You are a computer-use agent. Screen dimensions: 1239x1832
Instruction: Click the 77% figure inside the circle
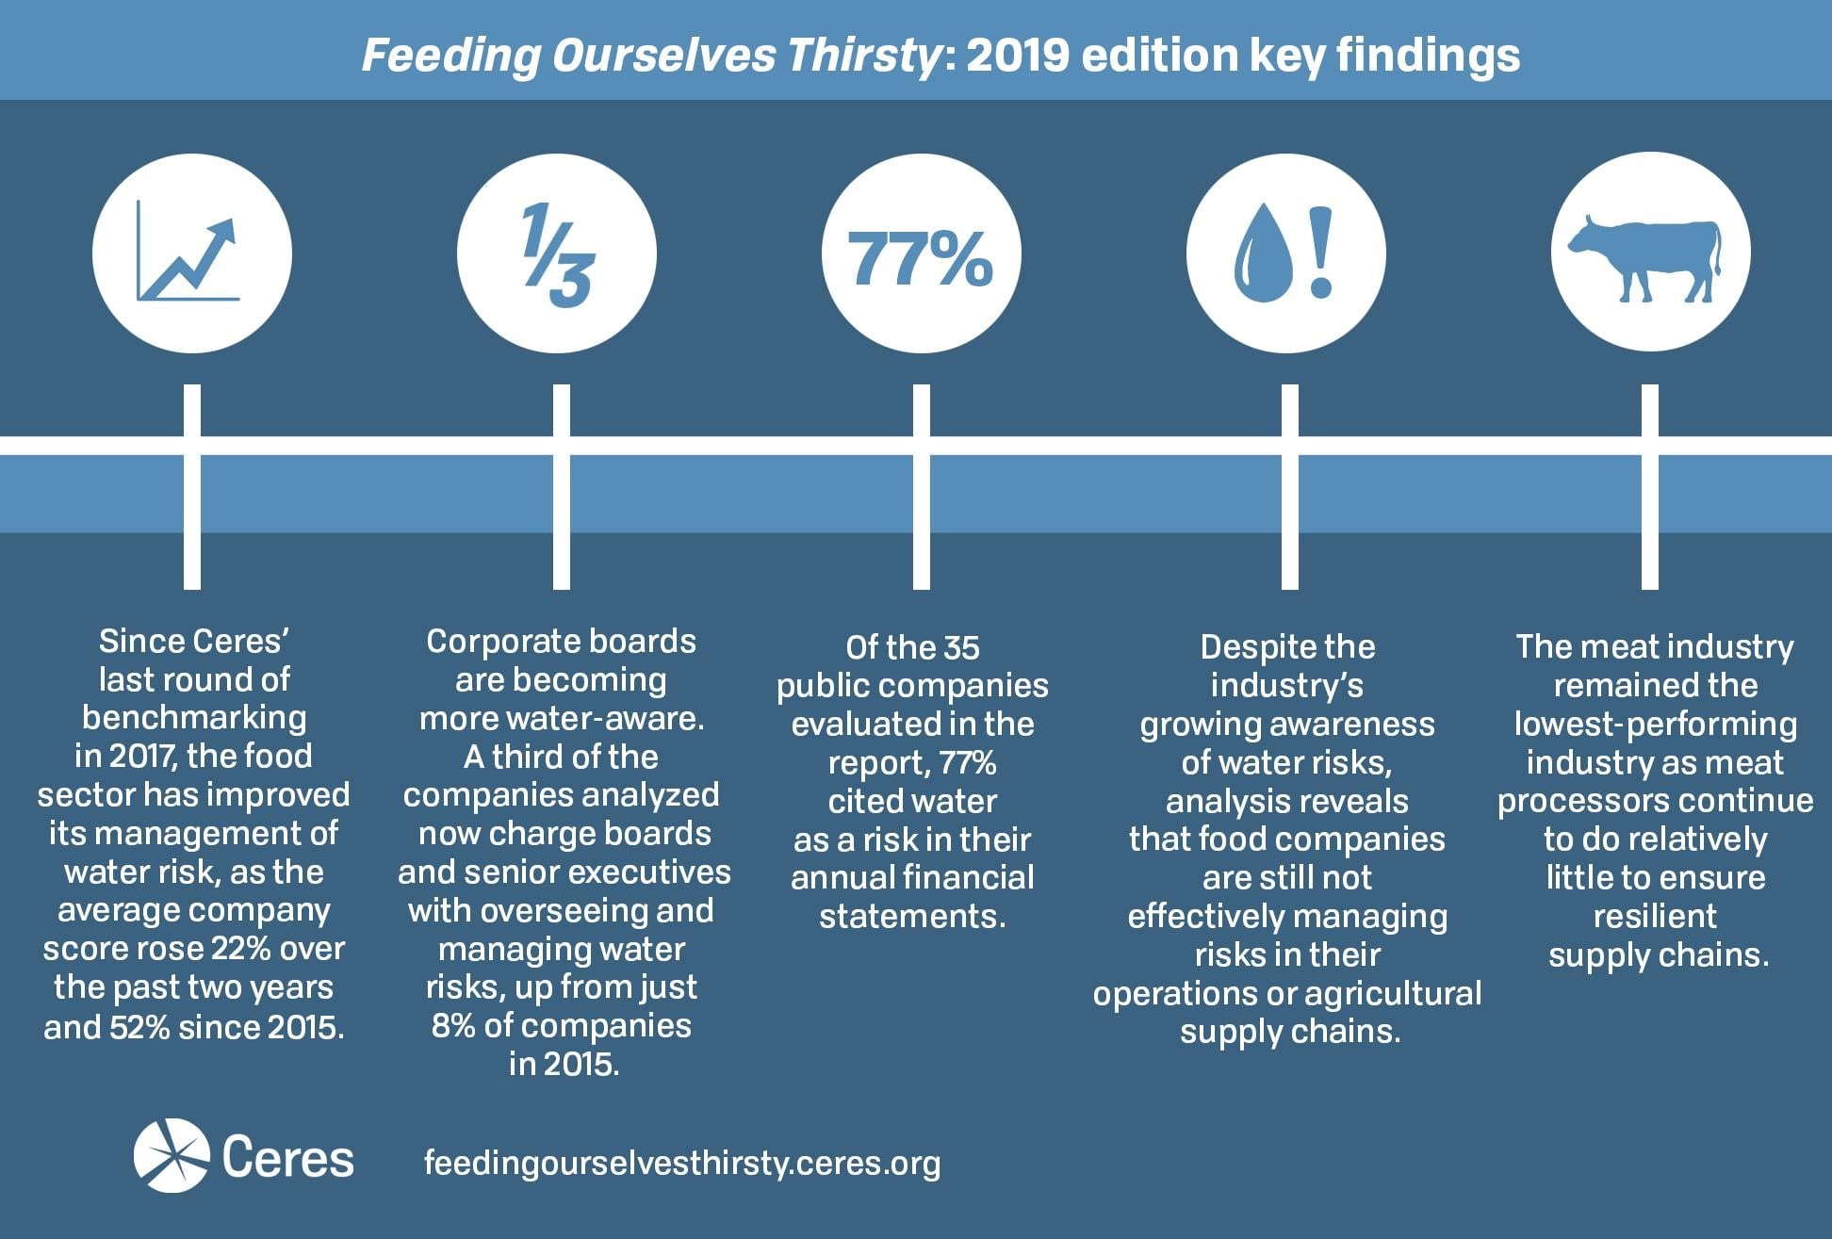click(x=921, y=258)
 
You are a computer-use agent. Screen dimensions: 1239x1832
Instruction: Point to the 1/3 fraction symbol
click(x=557, y=254)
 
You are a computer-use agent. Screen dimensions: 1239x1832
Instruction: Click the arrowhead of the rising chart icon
click(x=223, y=231)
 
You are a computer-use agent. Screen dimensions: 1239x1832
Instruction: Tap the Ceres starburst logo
click(x=172, y=1155)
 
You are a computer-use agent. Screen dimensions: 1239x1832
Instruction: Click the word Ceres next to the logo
click(x=288, y=1158)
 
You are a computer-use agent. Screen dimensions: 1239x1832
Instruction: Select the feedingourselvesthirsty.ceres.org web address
click(x=681, y=1163)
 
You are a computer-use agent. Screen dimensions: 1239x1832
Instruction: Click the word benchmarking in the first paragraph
click(x=194, y=718)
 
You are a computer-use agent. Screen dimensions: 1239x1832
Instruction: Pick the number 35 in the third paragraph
click(x=961, y=648)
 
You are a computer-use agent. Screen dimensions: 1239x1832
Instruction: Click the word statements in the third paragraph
click(x=912, y=917)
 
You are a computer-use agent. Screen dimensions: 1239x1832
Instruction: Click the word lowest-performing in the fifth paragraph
click(x=1655, y=724)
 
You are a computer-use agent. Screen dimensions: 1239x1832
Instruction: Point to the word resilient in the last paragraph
click(x=1655, y=916)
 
